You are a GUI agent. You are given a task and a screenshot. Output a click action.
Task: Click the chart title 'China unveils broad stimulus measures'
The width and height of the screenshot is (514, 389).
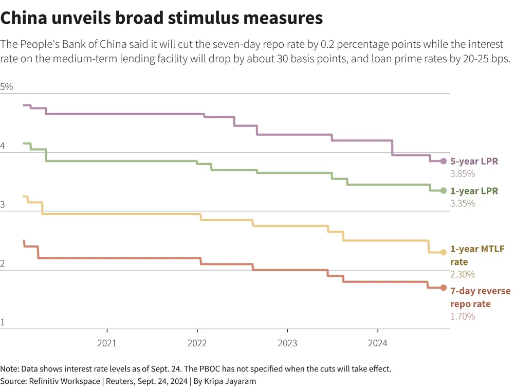(161, 18)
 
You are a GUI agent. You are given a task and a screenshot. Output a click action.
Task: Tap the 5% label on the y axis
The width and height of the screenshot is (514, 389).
(7, 86)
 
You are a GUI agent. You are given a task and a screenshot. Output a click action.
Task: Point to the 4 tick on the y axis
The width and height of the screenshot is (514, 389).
(3, 146)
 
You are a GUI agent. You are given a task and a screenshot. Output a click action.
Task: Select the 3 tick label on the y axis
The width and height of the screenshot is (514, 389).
(3, 205)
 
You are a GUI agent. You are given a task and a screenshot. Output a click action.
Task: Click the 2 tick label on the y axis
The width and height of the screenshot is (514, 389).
(3, 264)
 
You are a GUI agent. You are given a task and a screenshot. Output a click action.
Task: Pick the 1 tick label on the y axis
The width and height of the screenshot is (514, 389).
(3, 323)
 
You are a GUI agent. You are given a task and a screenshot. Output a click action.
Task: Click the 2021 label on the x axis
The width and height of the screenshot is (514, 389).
(106, 343)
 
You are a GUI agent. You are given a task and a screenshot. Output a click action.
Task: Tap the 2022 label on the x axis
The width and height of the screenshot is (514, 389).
(197, 343)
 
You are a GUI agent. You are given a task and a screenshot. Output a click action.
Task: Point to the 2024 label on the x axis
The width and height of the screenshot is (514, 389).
(377, 343)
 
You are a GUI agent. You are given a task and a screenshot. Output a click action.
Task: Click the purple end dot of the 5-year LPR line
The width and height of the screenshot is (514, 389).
(444, 161)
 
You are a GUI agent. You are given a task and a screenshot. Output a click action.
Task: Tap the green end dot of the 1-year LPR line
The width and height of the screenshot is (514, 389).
(444, 190)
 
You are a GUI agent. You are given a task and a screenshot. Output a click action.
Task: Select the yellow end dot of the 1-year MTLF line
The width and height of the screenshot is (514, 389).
(444, 252)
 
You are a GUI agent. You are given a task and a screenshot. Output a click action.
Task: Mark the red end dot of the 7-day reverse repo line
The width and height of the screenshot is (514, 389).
(444, 288)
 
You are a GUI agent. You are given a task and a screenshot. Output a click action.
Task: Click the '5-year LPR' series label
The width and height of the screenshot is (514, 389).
(474, 161)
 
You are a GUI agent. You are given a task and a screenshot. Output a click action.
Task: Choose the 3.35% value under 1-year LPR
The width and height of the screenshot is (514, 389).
(463, 203)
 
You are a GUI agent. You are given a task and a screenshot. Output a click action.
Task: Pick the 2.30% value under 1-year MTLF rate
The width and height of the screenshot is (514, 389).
(463, 274)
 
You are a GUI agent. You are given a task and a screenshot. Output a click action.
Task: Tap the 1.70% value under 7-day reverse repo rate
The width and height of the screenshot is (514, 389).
(463, 316)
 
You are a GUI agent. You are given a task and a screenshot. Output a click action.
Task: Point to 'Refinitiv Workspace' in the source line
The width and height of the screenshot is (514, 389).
(60, 381)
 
